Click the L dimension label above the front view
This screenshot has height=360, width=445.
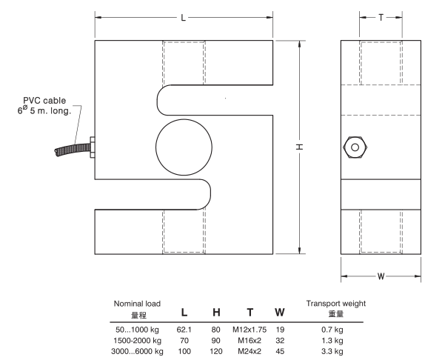click(184, 18)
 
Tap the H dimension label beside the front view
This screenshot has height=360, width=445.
click(300, 147)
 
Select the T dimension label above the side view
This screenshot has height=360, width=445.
click(381, 18)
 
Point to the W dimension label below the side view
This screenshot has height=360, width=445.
click(381, 276)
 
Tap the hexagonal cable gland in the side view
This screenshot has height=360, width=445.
click(355, 147)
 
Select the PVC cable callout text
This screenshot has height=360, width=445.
click(44, 105)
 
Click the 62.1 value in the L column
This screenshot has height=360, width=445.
click(184, 330)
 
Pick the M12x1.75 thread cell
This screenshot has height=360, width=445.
click(250, 330)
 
